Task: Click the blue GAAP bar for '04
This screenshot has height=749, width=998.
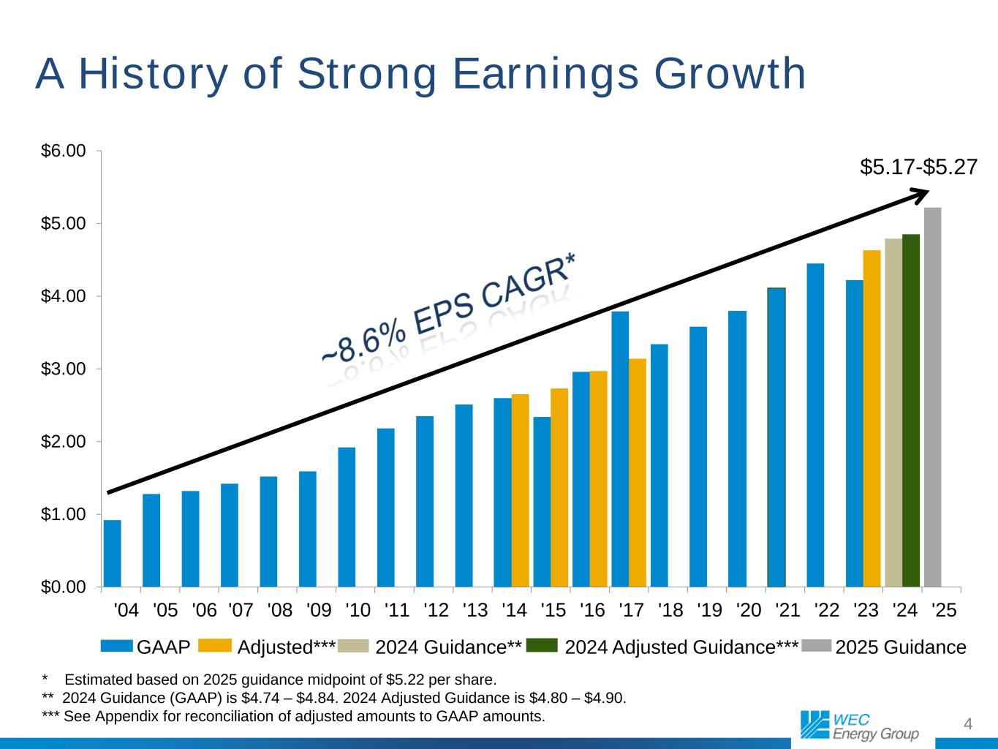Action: pos(113,554)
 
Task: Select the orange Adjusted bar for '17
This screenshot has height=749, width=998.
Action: pos(638,473)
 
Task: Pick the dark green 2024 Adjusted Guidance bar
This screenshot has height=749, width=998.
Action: pos(911,410)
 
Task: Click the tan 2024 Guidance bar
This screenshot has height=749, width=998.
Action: pos(893,413)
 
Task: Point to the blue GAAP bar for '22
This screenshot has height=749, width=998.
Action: pos(815,425)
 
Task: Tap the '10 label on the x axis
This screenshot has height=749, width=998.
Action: pos(358,609)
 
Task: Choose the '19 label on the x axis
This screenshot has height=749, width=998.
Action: pos(709,609)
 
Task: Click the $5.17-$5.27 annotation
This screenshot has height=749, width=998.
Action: pos(918,168)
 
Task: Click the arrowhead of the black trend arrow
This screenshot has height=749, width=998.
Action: pos(923,192)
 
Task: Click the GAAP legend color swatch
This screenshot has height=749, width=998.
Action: pos(117,646)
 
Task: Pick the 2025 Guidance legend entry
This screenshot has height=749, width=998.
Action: pos(901,647)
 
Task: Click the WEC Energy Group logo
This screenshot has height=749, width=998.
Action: pos(858,724)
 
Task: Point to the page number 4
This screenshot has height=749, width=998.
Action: pos(968,724)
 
